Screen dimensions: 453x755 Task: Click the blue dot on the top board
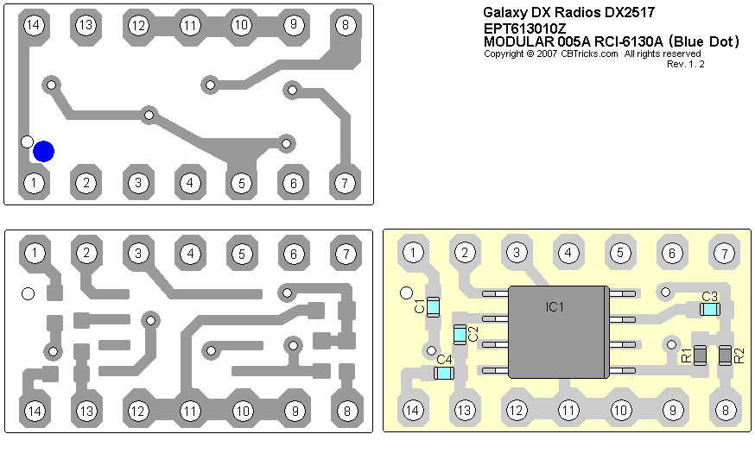click(43, 151)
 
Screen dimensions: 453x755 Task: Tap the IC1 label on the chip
click(555, 306)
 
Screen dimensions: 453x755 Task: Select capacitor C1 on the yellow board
click(434, 305)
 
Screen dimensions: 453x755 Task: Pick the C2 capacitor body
click(460, 333)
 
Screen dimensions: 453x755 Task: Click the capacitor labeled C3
click(709, 308)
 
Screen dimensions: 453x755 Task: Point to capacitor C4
click(444, 373)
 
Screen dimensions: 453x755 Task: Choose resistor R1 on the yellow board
click(701, 355)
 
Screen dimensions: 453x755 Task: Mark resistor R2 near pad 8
click(725, 355)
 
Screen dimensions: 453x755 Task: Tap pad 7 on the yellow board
click(724, 253)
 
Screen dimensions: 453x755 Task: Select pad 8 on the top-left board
click(346, 25)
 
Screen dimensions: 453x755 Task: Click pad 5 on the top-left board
click(242, 183)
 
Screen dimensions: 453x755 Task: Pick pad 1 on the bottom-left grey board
click(35, 253)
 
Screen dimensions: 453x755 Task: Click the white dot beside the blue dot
click(28, 142)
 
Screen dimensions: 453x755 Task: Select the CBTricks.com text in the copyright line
click(589, 53)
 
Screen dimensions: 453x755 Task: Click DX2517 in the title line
click(627, 12)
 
